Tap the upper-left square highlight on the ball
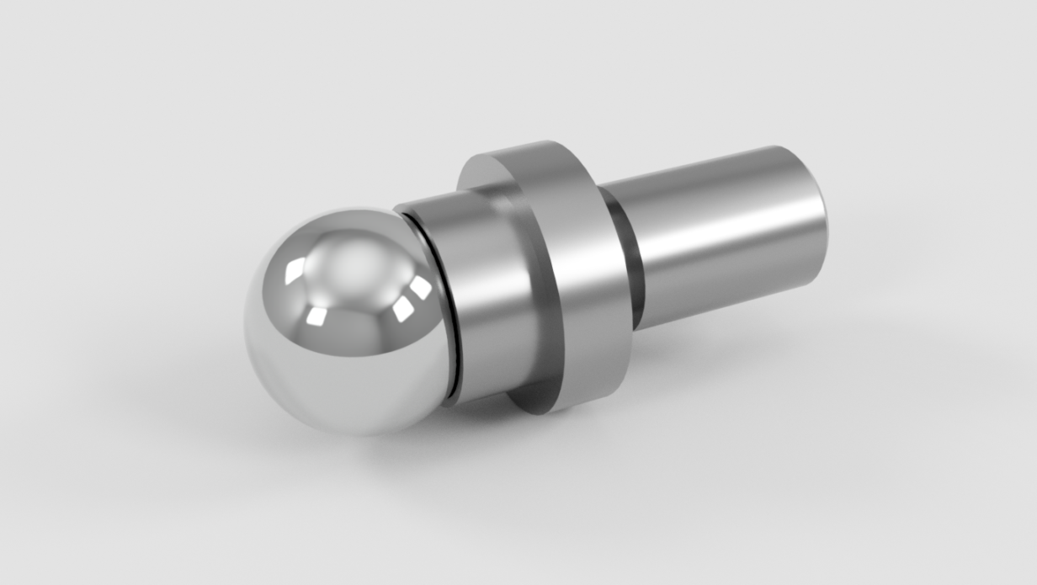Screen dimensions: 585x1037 click(295, 271)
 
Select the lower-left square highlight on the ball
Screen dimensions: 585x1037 click(317, 316)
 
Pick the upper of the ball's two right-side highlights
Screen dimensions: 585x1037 click(418, 287)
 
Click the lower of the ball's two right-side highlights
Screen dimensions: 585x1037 click(402, 309)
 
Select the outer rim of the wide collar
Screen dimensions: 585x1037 click(581, 278)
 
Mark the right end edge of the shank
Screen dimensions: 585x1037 click(822, 210)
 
